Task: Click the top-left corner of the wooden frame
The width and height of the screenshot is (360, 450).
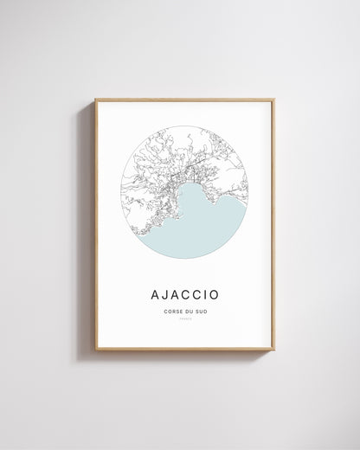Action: [x=96, y=100]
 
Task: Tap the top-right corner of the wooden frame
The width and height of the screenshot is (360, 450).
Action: [x=273, y=100]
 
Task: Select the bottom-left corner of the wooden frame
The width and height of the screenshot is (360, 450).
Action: [x=96, y=349]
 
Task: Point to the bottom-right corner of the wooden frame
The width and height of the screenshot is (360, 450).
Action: [x=273, y=349]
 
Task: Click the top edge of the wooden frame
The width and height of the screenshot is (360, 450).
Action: [x=184, y=100]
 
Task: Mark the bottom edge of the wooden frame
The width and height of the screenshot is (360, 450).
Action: [x=184, y=349]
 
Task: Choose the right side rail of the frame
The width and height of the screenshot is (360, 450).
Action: [x=273, y=225]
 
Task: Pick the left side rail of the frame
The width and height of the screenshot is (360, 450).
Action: [x=96, y=225]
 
